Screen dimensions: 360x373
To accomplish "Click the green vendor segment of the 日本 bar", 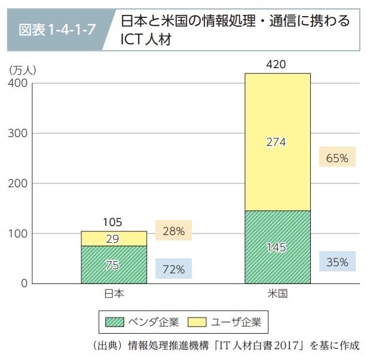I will pyautogui.click(x=114, y=264).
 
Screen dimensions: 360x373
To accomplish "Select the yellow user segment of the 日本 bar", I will pyautogui.click(x=114, y=239).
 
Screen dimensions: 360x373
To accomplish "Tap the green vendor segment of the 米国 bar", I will pyautogui.click(x=277, y=246).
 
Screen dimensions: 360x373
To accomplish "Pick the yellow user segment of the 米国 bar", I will pyautogui.click(x=277, y=142).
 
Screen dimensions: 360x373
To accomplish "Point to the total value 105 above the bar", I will pyautogui.click(x=112, y=222).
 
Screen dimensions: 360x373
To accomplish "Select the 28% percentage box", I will pyautogui.click(x=173, y=231).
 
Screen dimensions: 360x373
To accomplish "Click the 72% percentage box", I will pyautogui.click(x=173, y=269).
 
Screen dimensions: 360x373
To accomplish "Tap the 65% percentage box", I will pyautogui.click(x=337, y=158).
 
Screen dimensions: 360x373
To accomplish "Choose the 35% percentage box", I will pyautogui.click(x=337, y=261).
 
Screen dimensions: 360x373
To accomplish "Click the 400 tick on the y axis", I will pyautogui.click(x=17, y=83).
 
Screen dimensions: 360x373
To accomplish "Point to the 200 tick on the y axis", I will pyautogui.click(x=17, y=183).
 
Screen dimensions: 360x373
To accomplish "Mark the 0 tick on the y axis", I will pyautogui.click(x=23, y=283).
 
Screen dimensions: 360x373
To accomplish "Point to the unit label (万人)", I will pyautogui.click(x=23, y=69).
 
